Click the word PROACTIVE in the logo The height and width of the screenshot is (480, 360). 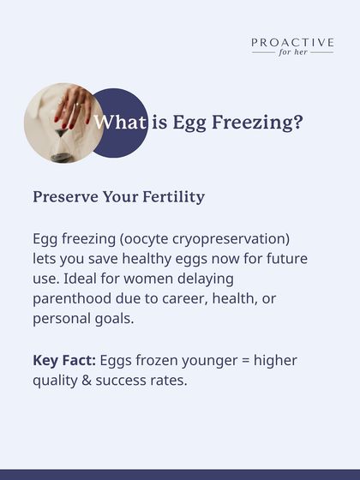pyautogui.click(x=292, y=42)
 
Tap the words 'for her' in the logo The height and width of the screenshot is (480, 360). pyautogui.click(x=292, y=52)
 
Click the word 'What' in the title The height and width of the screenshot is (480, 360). pyautogui.click(x=120, y=123)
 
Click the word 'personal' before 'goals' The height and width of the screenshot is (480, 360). pyautogui.click(x=64, y=319)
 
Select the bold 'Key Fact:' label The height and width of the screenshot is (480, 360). pyautogui.click(x=63, y=360)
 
